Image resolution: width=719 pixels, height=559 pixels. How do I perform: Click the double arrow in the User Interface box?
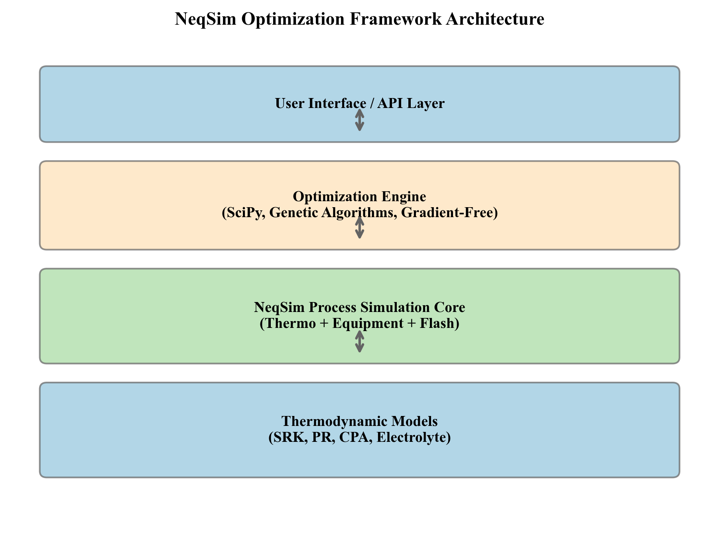point(360,120)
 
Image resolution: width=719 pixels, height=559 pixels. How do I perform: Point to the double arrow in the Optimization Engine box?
point(360,228)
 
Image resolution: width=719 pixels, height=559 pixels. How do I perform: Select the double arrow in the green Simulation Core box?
point(360,341)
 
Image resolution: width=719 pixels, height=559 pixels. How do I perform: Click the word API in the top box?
point(390,104)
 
